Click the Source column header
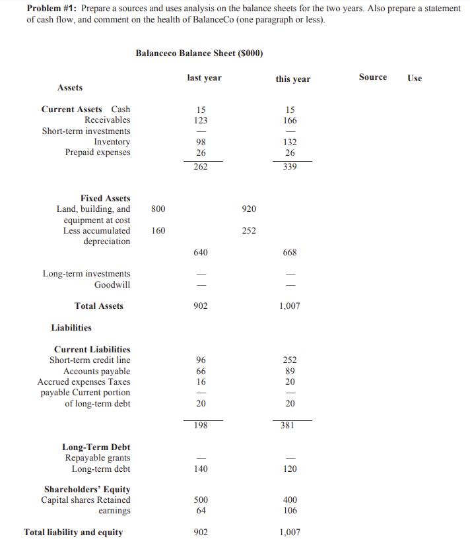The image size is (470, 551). click(x=373, y=77)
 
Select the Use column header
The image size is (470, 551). click(x=415, y=78)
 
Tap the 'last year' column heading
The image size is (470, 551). click(x=205, y=78)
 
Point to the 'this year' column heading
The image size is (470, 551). click(x=292, y=79)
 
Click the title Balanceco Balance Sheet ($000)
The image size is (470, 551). click(x=199, y=53)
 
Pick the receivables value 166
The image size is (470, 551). click(x=290, y=120)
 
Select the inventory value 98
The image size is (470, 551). click(x=201, y=142)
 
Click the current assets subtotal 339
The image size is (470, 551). click(x=290, y=167)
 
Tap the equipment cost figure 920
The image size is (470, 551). click(x=248, y=209)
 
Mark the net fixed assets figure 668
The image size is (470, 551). click(x=290, y=252)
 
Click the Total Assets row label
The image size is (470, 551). click(x=99, y=306)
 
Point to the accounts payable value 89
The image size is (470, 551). click(x=290, y=371)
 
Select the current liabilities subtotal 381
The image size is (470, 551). click(x=290, y=426)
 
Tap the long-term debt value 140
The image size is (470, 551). click(x=201, y=469)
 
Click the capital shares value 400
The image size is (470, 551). click(x=290, y=500)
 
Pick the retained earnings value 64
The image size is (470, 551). click(x=201, y=511)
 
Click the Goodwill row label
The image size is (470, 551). click(x=112, y=284)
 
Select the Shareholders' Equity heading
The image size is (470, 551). click(x=87, y=490)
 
